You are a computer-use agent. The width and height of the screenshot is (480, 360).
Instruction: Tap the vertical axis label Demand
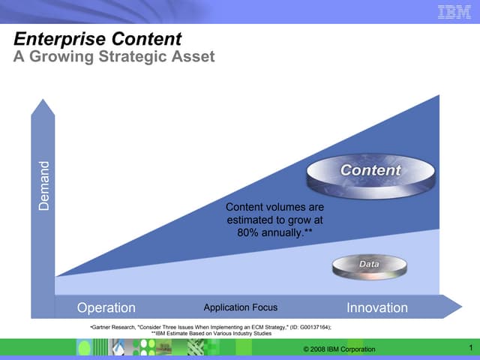pos(43,185)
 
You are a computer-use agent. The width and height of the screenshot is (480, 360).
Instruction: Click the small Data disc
pos(368,266)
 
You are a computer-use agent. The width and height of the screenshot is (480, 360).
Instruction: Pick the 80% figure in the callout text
pos(247,233)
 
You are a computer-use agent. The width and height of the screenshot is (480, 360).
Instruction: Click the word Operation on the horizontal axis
pos(106,307)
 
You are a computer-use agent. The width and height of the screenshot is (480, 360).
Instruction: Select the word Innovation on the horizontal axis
pos(376,307)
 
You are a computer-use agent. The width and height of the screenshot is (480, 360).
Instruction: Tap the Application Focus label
pos(240,307)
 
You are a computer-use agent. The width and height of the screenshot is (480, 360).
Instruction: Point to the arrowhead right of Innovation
pos(452,307)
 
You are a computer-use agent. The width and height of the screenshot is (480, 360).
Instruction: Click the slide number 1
pos(469,347)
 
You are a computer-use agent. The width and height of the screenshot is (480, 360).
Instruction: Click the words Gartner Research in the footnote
pos(114,328)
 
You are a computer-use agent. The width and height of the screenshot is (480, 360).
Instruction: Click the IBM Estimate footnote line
pos(211,333)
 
